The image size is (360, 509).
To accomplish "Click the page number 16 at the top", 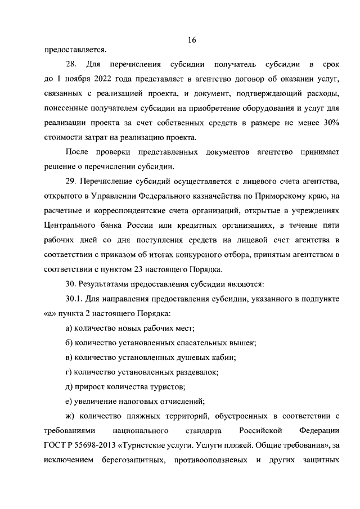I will tap(192, 40).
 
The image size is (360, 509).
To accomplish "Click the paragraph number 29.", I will tap(71, 180).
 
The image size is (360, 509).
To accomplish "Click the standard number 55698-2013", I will tap(100, 445).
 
